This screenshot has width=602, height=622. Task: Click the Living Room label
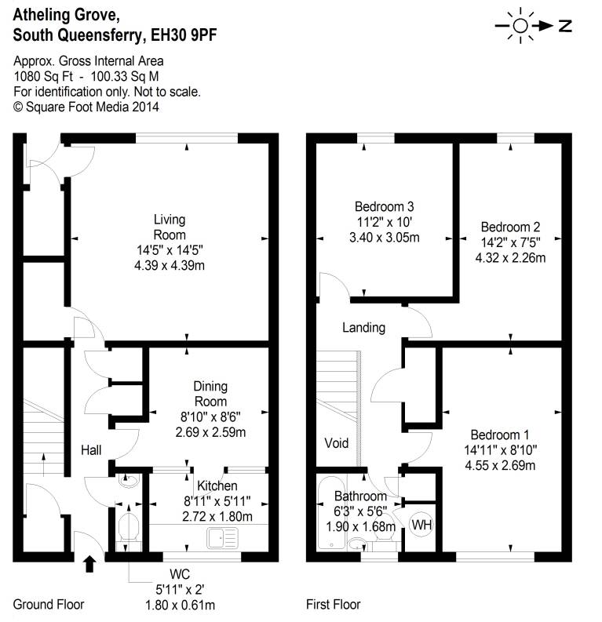click(x=170, y=227)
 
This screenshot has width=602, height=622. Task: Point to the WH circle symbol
click(x=421, y=524)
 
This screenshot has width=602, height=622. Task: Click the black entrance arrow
click(x=89, y=562)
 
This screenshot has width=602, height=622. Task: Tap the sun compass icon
click(x=520, y=25)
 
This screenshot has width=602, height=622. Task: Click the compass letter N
click(x=565, y=26)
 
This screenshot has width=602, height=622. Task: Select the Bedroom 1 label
click(x=500, y=435)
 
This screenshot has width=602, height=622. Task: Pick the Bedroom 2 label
click(x=510, y=228)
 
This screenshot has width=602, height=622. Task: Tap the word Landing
click(x=363, y=327)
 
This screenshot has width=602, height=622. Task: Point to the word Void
click(x=337, y=443)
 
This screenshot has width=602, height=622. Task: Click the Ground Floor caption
click(x=49, y=605)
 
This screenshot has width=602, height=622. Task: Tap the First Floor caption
click(x=333, y=605)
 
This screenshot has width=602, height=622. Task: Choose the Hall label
click(x=93, y=449)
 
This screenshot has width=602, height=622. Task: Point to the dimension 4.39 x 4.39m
click(x=170, y=265)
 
